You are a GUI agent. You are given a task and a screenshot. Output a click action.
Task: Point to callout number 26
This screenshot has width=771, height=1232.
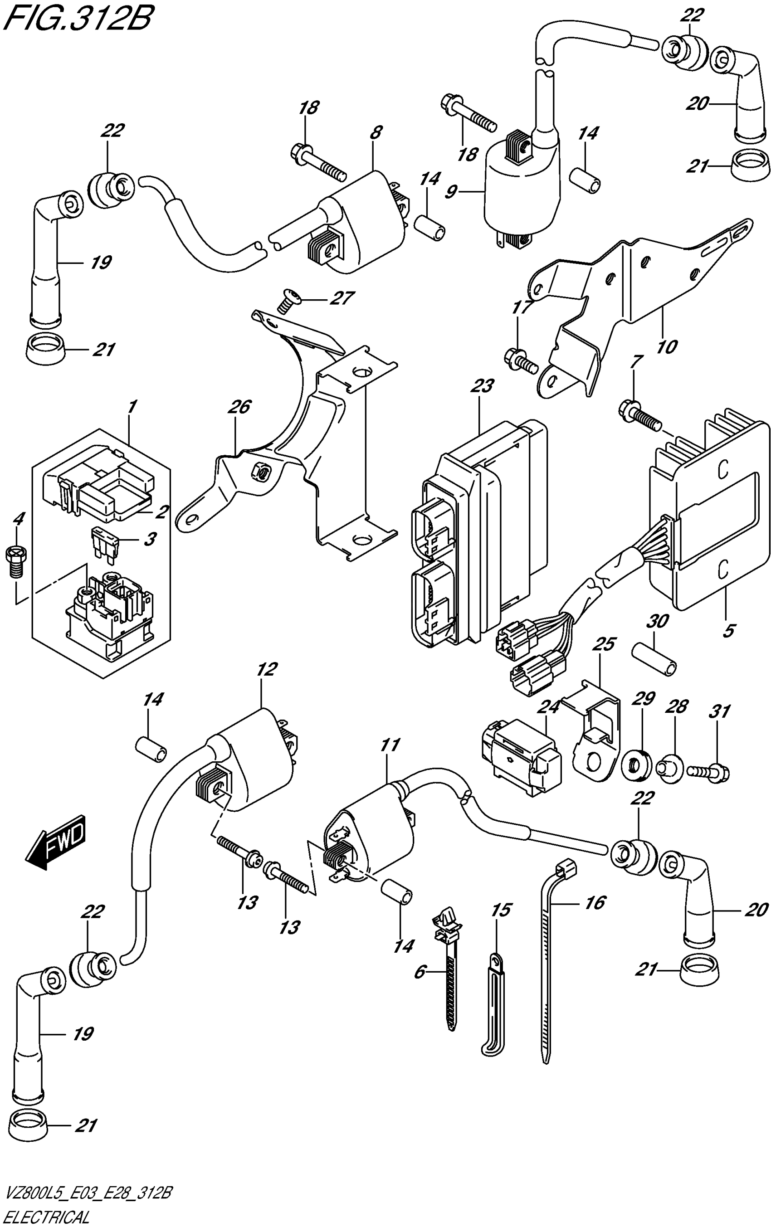click(x=239, y=407)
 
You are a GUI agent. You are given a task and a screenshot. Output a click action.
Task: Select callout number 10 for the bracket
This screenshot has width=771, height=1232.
click(x=667, y=347)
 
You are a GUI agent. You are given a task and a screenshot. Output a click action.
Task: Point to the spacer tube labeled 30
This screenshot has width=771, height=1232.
click(x=654, y=660)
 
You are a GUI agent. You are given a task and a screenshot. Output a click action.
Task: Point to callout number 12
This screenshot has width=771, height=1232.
click(x=267, y=669)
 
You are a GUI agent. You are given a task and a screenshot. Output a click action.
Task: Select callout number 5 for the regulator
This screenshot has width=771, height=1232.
click(x=729, y=631)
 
